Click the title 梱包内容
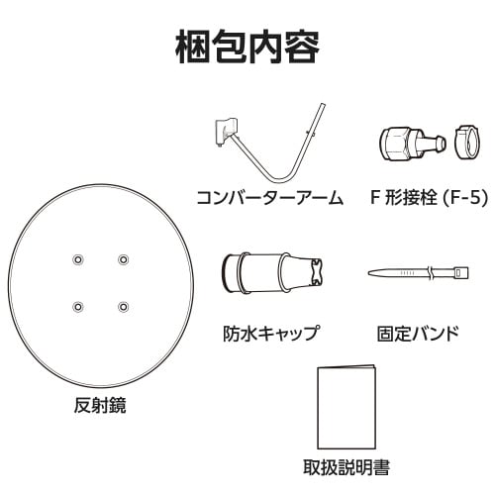coord(247,44)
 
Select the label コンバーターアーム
coord(270,198)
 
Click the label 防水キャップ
coord(270,333)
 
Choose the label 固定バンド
coord(418,333)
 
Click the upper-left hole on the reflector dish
coord(78,258)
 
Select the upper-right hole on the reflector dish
coord(123,258)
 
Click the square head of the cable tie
coord(459,271)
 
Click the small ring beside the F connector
coord(467,141)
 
